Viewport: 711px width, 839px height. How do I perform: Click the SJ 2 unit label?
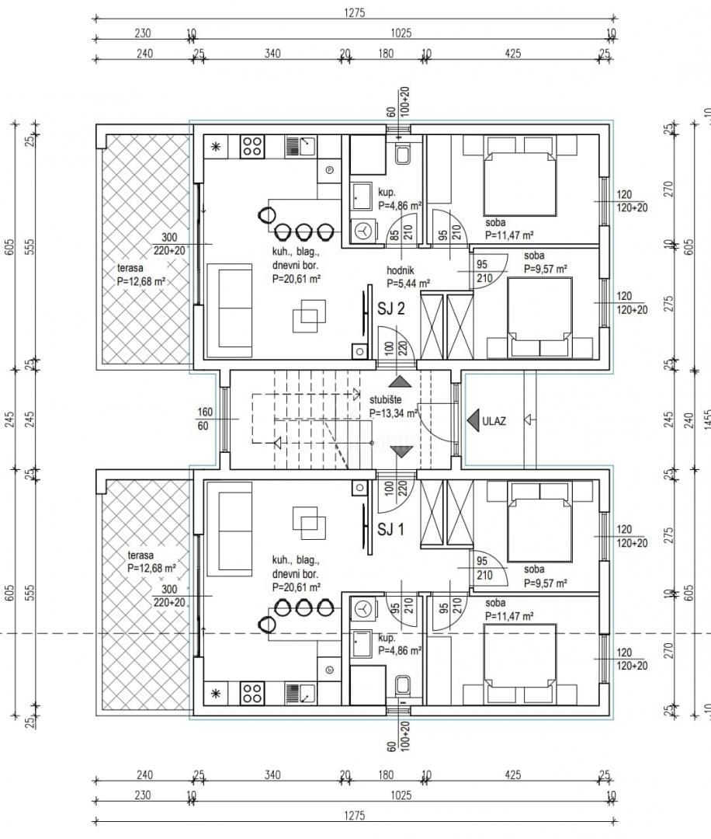(391, 309)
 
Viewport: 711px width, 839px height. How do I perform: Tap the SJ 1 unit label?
(391, 530)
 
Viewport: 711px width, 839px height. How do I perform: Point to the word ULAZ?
(494, 421)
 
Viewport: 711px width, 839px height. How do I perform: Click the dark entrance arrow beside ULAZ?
(472, 421)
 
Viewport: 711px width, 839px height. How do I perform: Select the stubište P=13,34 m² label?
(394, 407)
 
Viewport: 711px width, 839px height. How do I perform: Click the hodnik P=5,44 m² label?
(408, 277)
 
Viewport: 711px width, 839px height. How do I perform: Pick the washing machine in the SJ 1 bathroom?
(362, 611)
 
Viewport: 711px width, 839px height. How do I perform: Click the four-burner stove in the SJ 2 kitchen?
(252, 146)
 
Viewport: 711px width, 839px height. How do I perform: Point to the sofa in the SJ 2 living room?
(234, 307)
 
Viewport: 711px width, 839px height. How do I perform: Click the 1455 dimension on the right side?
(706, 421)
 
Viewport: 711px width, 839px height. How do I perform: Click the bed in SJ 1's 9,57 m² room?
(539, 522)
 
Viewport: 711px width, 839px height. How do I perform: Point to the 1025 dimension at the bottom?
(401, 795)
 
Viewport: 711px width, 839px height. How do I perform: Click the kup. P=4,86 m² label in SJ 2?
(399, 200)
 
